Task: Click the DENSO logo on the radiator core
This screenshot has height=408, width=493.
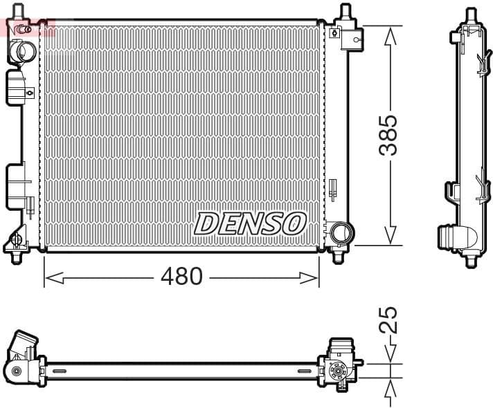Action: pos(250,223)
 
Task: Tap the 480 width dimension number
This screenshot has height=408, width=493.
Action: pos(181,277)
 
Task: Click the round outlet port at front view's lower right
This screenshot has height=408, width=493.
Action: pos(340,232)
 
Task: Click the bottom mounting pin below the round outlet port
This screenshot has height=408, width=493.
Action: pos(338,256)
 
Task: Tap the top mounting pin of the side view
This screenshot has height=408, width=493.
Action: pos(471,14)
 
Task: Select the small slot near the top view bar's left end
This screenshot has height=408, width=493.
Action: pos(60,371)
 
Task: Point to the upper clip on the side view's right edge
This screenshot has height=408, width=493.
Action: pos(481,66)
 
